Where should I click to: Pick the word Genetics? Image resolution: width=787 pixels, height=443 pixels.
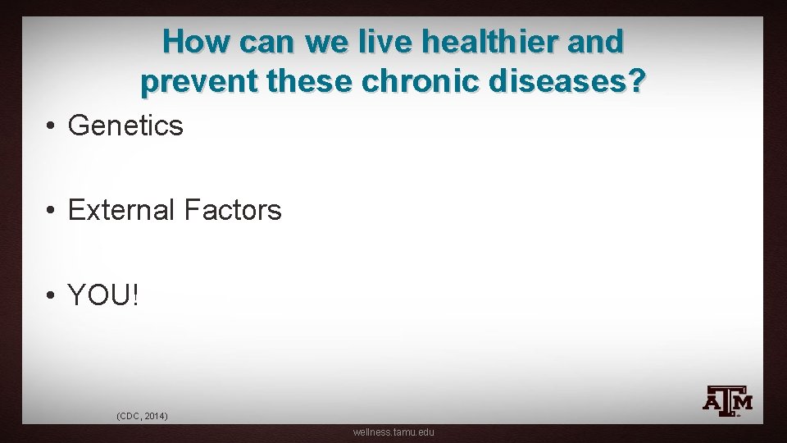[x=125, y=126]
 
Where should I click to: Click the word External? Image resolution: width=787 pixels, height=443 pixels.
[x=121, y=211]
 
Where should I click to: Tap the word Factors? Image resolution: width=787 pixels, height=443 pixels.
[x=233, y=211]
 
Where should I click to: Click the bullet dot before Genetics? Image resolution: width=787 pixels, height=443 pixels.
[x=51, y=126]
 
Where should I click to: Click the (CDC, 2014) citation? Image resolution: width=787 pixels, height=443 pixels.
[x=143, y=417]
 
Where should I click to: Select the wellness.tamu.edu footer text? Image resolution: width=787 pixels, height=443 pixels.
[x=393, y=432]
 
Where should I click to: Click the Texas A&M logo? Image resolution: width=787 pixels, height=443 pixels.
[x=727, y=401]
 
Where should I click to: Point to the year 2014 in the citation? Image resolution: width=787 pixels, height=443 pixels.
[x=156, y=417]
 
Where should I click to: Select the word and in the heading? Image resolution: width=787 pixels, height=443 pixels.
[x=594, y=42]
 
